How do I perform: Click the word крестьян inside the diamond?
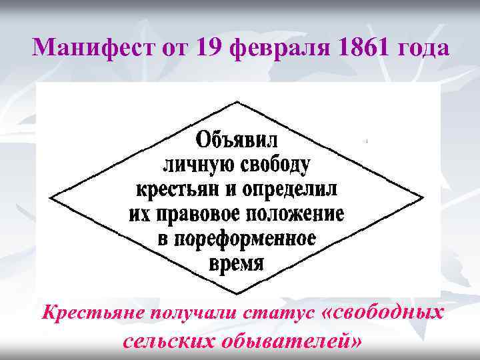(x=178, y=190)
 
